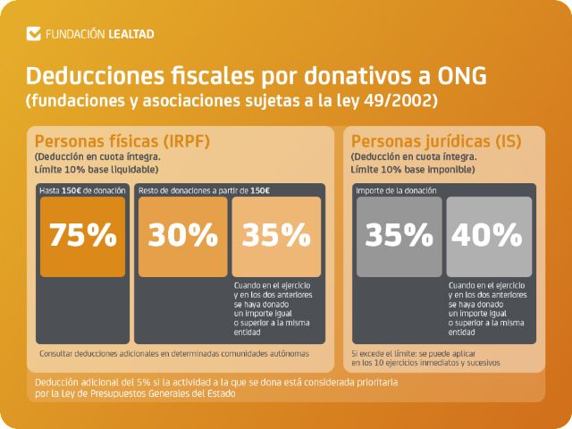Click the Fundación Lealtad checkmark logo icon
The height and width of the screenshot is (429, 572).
tap(35, 34)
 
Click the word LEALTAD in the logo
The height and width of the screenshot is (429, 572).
tap(130, 34)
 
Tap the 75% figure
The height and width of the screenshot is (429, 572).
tap(83, 235)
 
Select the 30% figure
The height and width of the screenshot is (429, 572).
tap(182, 235)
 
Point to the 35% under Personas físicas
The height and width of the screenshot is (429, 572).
tap(276, 235)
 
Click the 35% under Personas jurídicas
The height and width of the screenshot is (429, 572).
tap(398, 235)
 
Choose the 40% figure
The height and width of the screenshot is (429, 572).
tap(487, 235)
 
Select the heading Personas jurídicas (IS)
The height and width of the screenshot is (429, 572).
tap(436, 141)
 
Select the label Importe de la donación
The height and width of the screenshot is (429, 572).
tap(396, 191)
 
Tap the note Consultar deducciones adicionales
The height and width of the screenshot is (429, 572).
tap(174, 354)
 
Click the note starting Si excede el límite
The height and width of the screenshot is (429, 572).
tap(425, 358)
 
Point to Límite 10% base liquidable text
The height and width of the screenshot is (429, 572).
tap(96, 169)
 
